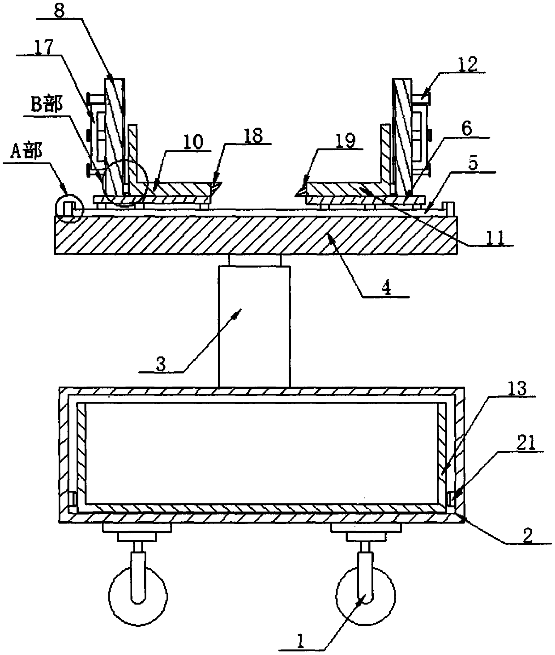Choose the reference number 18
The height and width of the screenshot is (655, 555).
(253, 136)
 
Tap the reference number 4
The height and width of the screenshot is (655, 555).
(386, 289)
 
